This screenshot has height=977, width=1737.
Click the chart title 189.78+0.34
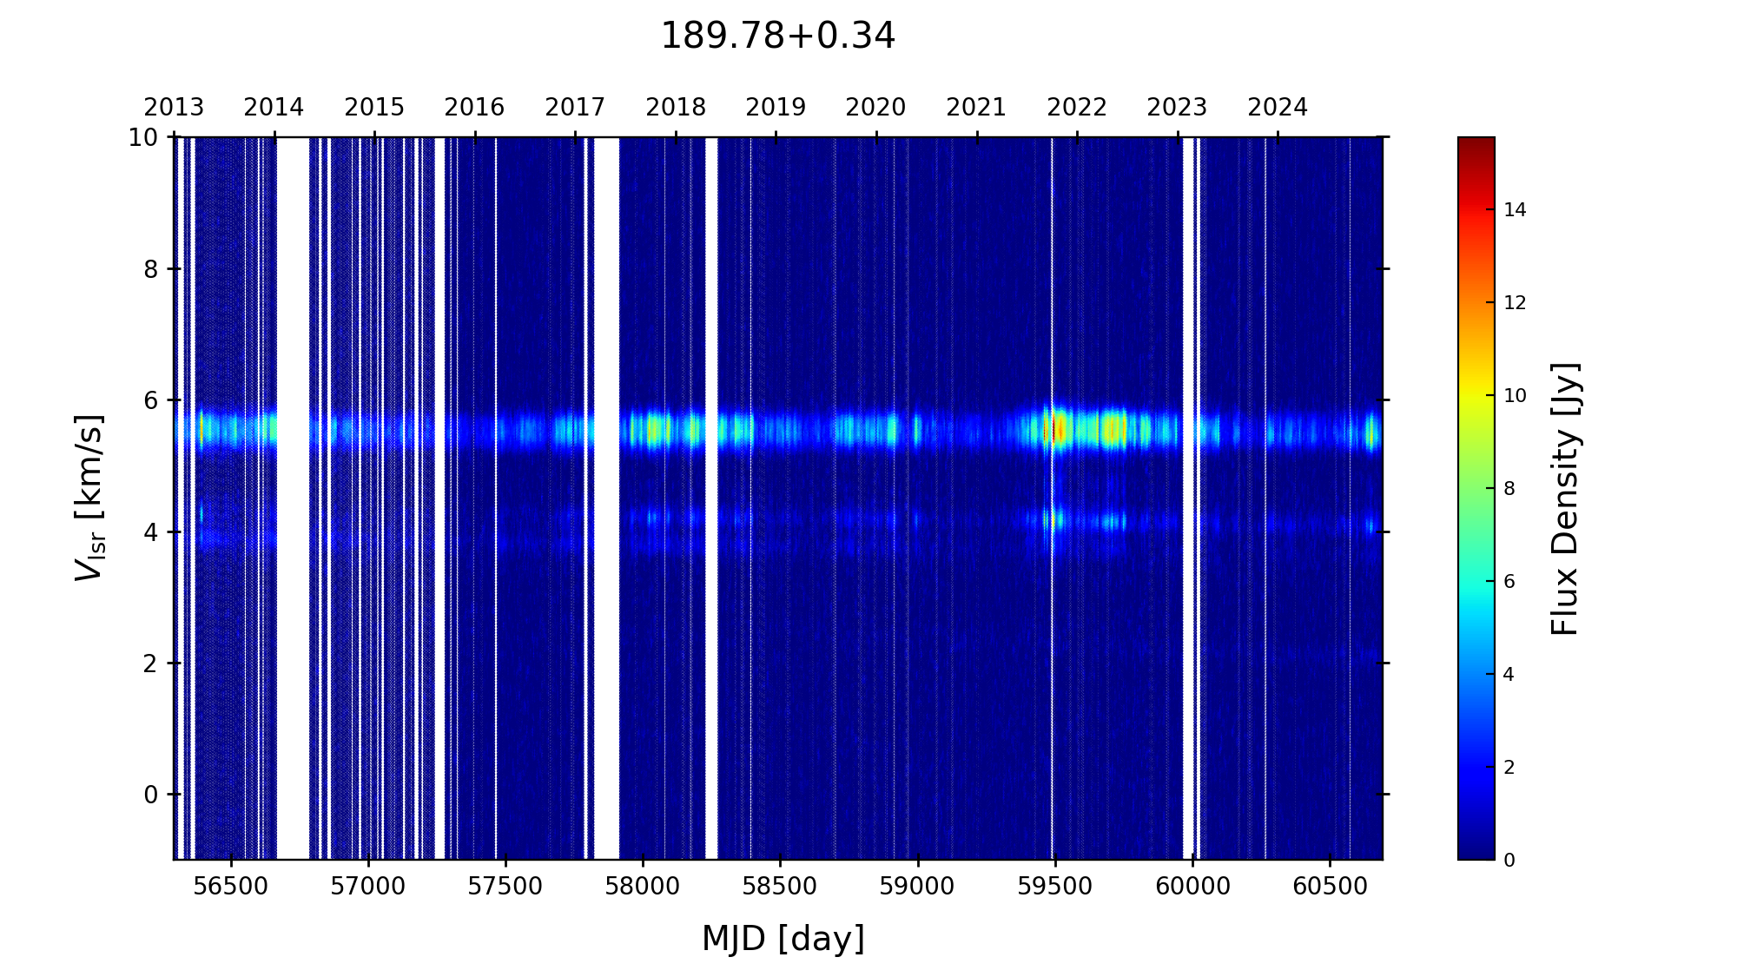coord(777,36)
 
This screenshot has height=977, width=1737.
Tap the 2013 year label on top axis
coord(174,108)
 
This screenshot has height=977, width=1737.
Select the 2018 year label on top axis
coord(676,108)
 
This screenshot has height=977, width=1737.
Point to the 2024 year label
coord(1278,108)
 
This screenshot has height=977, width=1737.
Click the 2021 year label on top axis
coord(976,108)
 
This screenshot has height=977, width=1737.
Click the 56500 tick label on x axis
coord(231,887)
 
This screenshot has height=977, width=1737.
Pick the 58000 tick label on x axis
coord(643,887)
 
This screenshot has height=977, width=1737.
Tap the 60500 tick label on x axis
coord(1330,887)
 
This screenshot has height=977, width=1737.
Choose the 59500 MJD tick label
coord(1054,887)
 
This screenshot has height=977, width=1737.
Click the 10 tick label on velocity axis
coord(143,137)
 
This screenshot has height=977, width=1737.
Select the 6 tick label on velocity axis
coord(151,400)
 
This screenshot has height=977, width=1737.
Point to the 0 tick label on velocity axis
coord(151,795)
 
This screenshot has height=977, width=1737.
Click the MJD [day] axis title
coord(783,939)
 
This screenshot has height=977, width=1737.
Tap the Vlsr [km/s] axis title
coord(89,497)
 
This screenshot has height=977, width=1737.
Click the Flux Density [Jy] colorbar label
coord(1565,498)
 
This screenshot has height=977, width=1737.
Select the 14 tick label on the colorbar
coord(1515,209)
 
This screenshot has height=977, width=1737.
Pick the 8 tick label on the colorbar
coord(1509,489)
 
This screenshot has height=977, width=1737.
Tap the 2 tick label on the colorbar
coord(1509,768)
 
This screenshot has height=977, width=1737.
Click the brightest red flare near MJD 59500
coord(1054,429)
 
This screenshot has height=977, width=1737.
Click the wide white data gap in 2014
coord(293,495)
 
